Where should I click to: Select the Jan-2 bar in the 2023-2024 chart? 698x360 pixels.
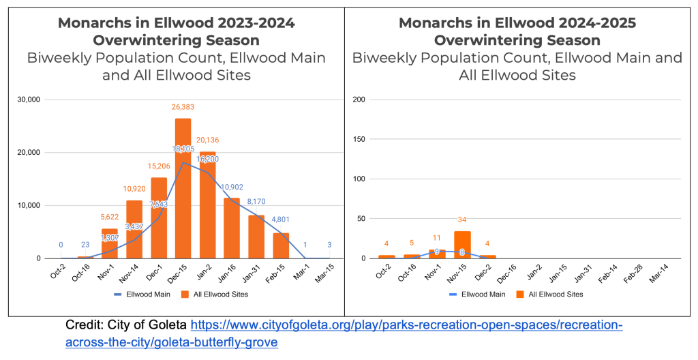[x=207, y=205]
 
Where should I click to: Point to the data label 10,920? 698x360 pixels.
[x=134, y=187]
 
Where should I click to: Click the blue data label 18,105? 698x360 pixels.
[x=183, y=149]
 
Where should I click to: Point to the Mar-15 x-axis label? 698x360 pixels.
[x=329, y=272]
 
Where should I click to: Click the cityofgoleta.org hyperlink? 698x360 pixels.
[x=406, y=326]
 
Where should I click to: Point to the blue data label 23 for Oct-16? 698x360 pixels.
[x=85, y=245]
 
